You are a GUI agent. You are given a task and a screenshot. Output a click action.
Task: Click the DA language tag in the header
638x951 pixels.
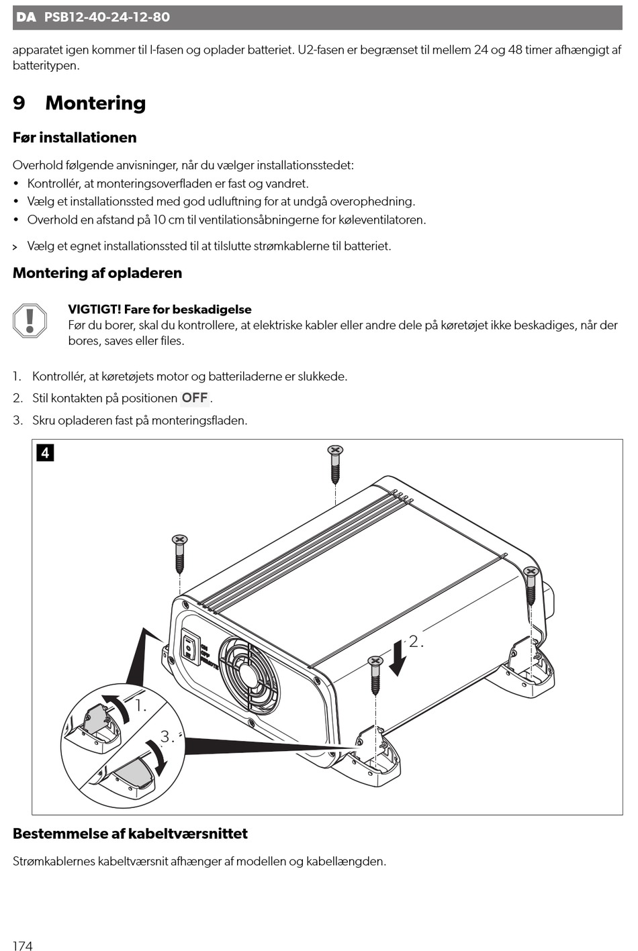tap(26, 17)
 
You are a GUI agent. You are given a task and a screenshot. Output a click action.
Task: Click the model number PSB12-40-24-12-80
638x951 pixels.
tap(107, 17)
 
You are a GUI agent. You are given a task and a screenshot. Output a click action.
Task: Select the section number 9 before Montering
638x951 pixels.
tap(19, 103)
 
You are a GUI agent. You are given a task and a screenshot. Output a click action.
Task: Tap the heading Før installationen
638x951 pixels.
tap(75, 138)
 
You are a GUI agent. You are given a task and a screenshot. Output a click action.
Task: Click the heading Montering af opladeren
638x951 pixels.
tap(97, 273)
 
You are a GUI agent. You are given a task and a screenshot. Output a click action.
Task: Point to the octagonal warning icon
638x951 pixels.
tap(30, 320)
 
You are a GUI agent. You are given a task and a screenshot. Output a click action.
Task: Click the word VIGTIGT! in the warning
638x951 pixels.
tap(94, 309)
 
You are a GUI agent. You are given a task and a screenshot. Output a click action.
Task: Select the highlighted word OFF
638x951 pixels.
tap(195, 398)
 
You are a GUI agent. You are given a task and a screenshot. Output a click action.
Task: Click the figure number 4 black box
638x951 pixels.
tap(45, 452)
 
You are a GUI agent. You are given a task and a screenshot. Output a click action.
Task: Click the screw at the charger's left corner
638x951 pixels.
tap(179, 553)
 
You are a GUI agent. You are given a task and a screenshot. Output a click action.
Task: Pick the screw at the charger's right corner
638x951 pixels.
tap(531, 584)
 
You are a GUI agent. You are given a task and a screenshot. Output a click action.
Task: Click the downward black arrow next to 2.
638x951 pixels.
tap(398, 657)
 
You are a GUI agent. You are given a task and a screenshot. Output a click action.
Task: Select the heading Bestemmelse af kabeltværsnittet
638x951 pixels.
tap(130, 834)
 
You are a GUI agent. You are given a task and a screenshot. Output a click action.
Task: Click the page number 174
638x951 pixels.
tap(22, 946)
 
